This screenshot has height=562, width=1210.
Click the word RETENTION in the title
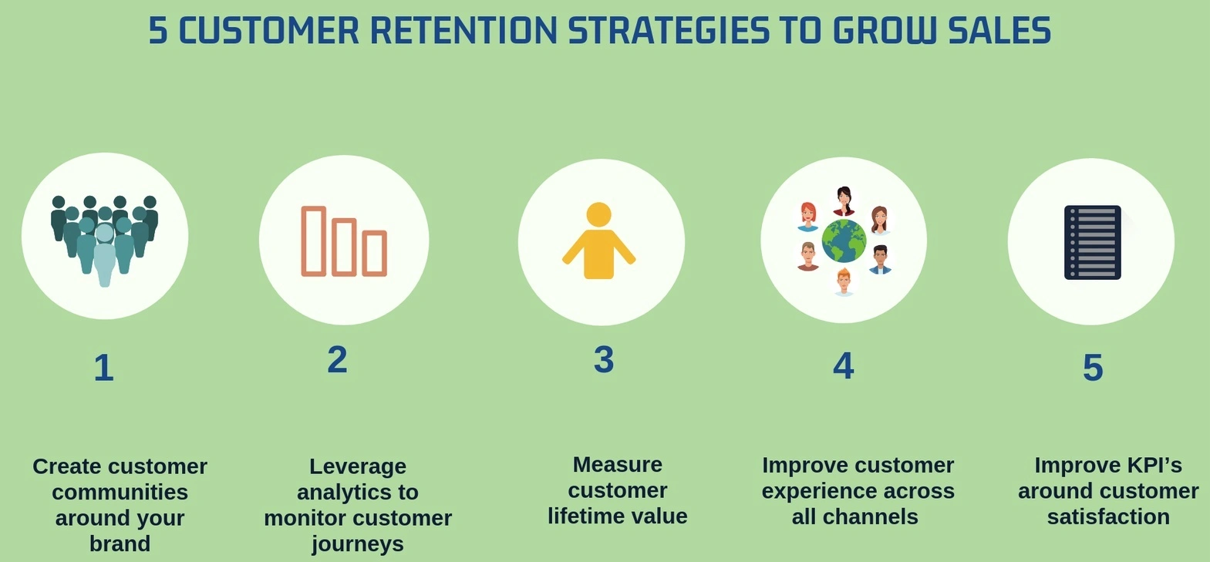463,30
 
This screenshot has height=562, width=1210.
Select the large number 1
103,368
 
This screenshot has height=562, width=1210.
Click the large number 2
337,359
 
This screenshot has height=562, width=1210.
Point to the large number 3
604,359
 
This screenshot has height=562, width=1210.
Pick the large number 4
843,366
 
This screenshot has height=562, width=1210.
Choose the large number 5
1093,368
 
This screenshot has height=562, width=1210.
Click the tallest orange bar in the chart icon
313,241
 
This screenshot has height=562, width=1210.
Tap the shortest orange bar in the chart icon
374,253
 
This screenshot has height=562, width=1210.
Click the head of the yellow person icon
598,214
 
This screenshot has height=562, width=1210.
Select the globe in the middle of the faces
844,241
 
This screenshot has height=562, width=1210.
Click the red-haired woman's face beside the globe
808,216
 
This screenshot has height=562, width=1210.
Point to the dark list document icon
1092,242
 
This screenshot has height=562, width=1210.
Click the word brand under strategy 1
120,543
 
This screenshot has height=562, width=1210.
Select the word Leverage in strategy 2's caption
358,466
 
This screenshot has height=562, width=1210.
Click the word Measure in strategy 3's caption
618,464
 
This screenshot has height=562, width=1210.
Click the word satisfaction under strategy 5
1108,517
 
